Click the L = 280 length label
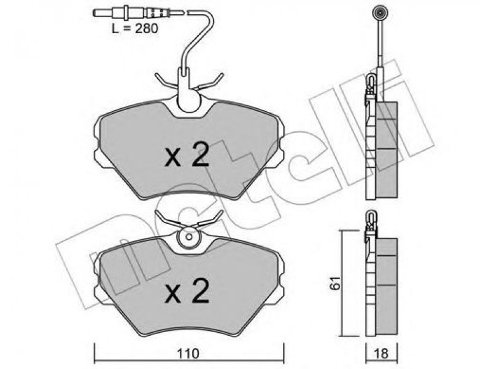click(x=135, y=28)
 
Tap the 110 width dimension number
click(x=188, y=354)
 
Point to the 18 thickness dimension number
click(x=381, y=354)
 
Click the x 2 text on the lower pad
click(x=187, y=291)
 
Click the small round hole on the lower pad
click(x=189, y=237)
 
